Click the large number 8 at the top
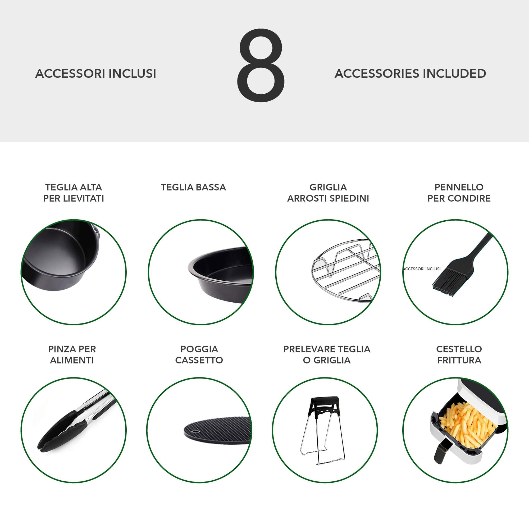coord(261,65)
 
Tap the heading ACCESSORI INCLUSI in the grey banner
coord(95,74)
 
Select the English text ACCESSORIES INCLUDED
coord(410,74)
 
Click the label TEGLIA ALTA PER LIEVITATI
coord(74,193)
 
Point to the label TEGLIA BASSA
coord(193,187)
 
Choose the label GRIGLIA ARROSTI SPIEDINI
coord(328,193)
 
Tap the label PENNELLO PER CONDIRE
coord(459,193)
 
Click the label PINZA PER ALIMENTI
coord(72,355)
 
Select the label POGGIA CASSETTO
coord(199,355)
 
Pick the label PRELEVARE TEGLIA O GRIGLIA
coord(327,355)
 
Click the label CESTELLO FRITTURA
coord(459,355)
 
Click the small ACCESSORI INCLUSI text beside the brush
coord(422,269)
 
